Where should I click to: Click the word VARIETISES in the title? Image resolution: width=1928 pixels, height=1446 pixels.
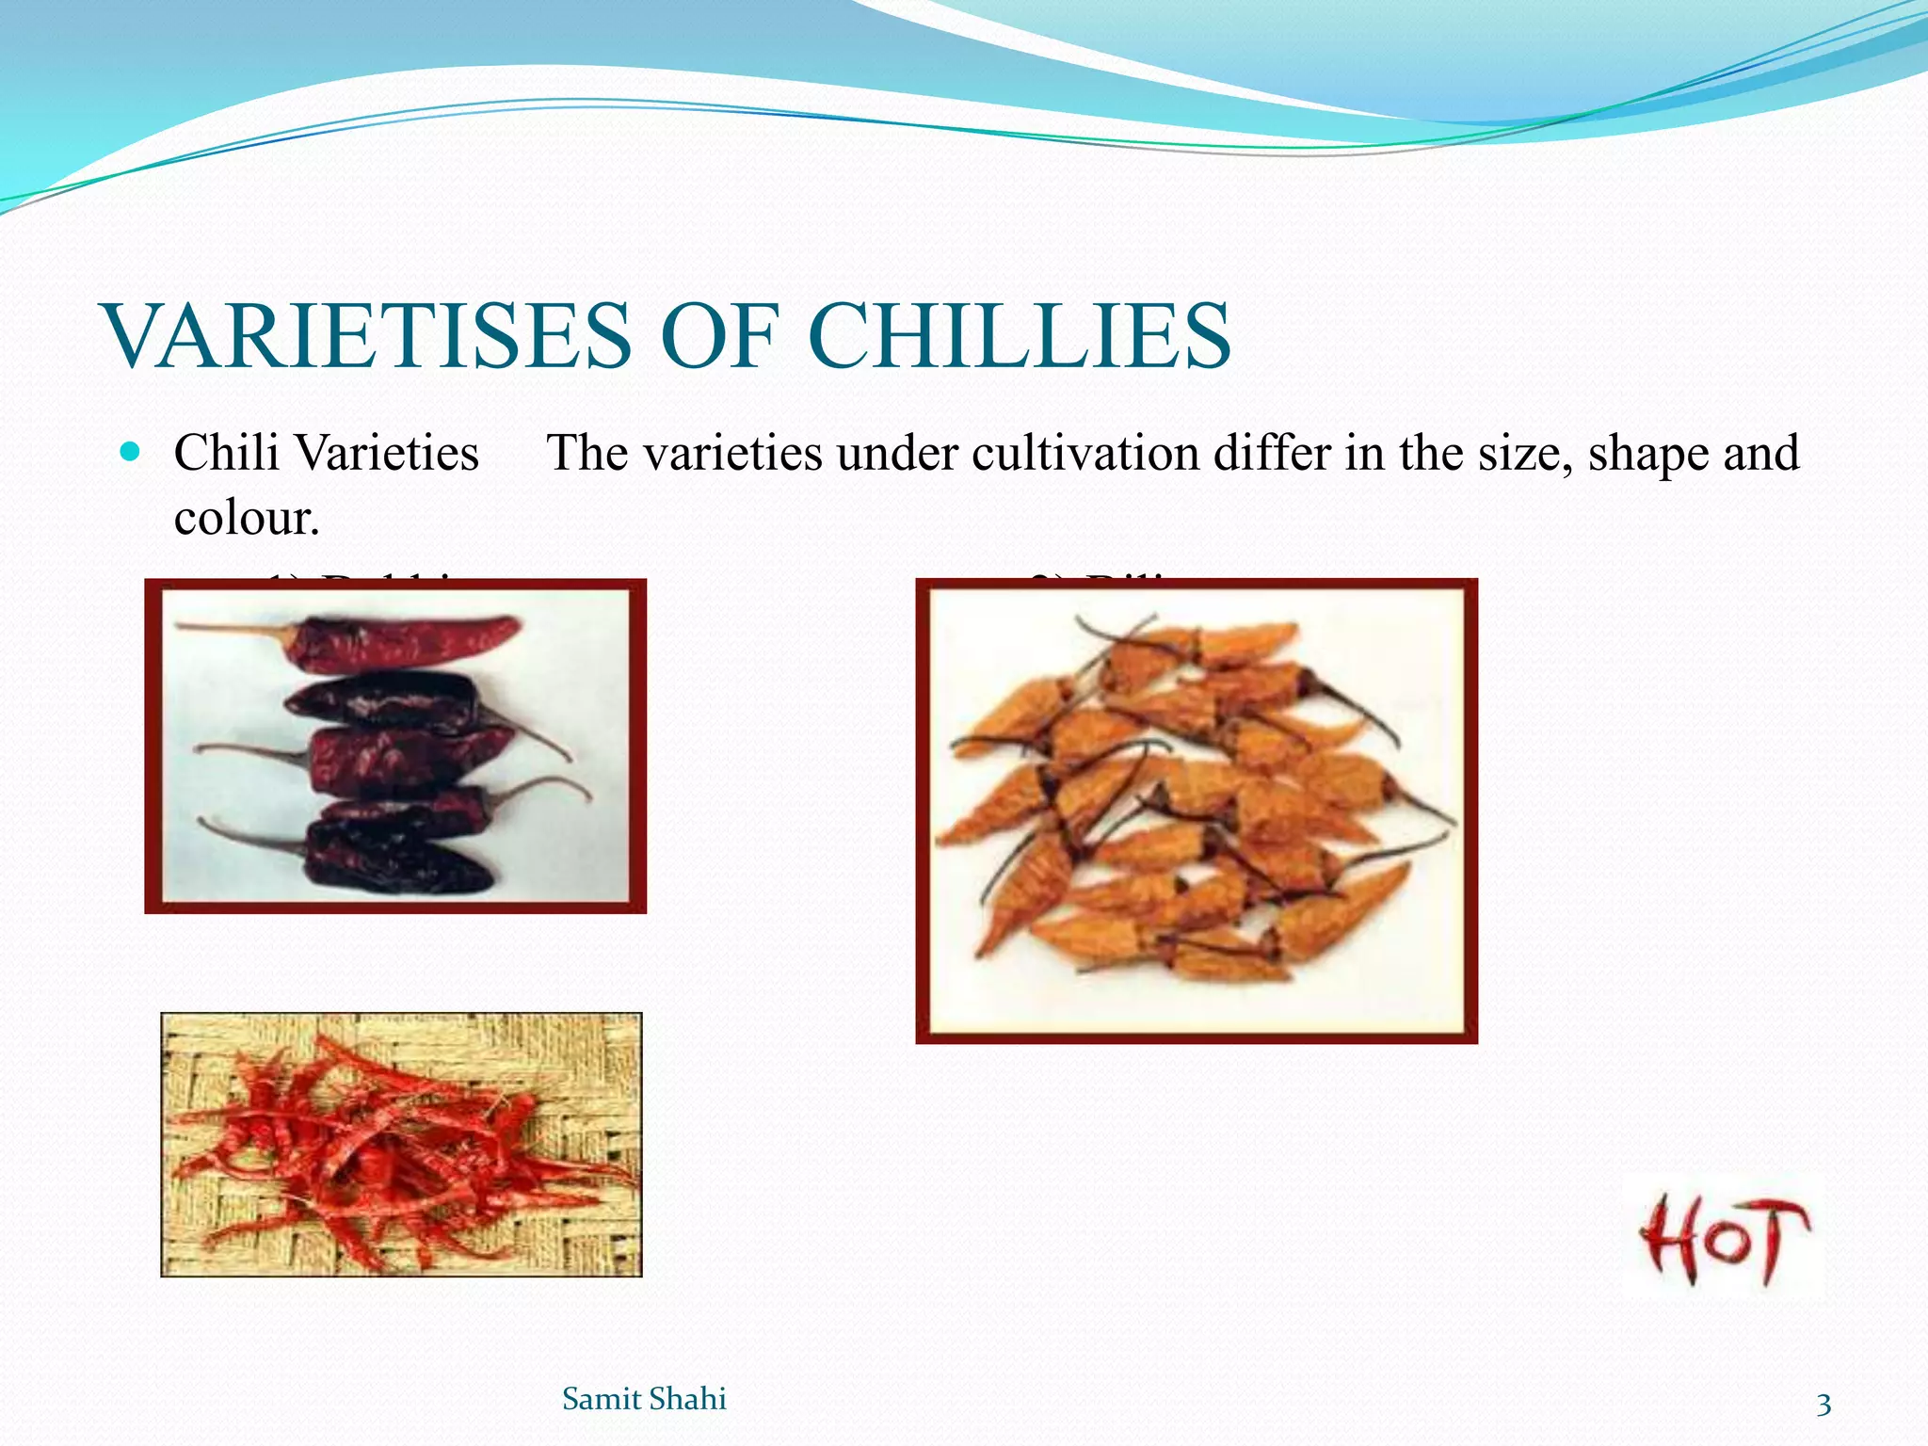[x=367, y=336]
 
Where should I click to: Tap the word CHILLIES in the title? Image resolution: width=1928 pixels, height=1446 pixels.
[x=1019, y=336]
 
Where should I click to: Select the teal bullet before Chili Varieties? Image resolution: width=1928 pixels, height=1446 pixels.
[x=131, y=452]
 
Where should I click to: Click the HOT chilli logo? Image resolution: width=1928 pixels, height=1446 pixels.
[x=1723, y=1241]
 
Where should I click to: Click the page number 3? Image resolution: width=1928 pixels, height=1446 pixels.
[x=1824, y=1405]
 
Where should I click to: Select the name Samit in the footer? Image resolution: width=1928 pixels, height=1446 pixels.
[x=601, y=1399]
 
